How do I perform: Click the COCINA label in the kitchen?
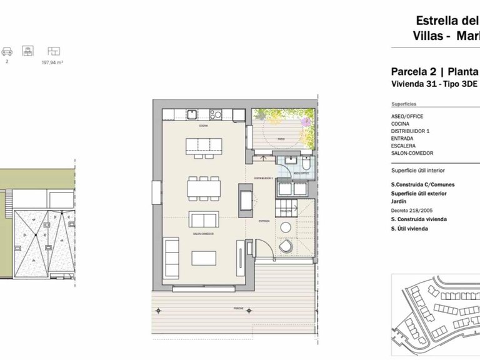point(203,126)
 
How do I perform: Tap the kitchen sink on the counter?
point(194,114)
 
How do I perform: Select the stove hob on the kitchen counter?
point(216,114)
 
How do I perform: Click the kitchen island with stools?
point(202,146)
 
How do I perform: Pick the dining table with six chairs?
point(204,187)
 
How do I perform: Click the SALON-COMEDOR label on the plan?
point(204,233)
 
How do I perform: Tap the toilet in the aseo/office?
point(306,164)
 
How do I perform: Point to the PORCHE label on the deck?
point(248,309)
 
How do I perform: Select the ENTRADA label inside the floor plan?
point(264,220)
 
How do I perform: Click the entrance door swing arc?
point(266,246)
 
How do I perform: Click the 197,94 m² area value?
point(52,62)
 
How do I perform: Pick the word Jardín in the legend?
point(399,202)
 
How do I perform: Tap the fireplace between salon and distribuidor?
point(246,202)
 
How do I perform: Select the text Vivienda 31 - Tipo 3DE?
point(425,84)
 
